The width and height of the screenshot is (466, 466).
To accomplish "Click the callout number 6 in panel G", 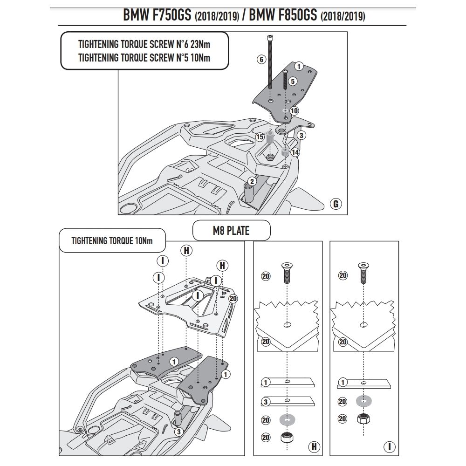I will (x=261, y=59).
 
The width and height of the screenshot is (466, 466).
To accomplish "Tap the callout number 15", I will (x=260, y=137).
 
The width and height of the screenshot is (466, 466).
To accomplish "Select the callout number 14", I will (x=295, y=152).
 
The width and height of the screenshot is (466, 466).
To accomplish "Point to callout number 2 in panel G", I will (x=252, y=181).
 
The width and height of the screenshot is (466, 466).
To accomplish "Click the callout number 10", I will (x=294, y=111).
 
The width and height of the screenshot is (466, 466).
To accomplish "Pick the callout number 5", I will (x=293, y=81).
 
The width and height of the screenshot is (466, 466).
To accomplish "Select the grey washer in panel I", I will (x=363, y=401).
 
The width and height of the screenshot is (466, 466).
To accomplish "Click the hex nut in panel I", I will (x=363, y=419).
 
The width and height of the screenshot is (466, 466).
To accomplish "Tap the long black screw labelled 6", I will (x=270, y=65).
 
